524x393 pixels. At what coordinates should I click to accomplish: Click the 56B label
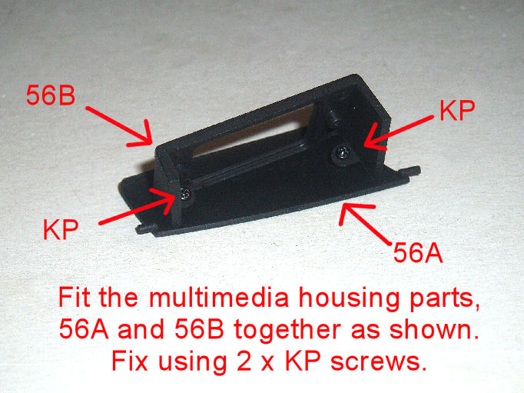coord(51,95)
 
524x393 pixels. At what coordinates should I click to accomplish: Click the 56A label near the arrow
coord(418,252)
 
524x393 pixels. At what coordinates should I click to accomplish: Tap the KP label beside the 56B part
coord(457,111)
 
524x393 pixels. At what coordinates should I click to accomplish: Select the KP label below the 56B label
coord(61,229)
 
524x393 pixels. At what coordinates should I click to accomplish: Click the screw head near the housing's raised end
coord(343,153)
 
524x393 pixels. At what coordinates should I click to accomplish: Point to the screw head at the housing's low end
coord(185,194)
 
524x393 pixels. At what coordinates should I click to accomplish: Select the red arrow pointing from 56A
coord(365,223)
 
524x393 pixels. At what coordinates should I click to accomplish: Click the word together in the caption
coord(287,331)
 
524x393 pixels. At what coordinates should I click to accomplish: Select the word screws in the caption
coord(379,361)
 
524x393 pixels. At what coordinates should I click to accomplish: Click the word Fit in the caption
coord(75,298)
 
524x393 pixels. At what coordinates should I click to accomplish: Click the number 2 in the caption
coord(244,361)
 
